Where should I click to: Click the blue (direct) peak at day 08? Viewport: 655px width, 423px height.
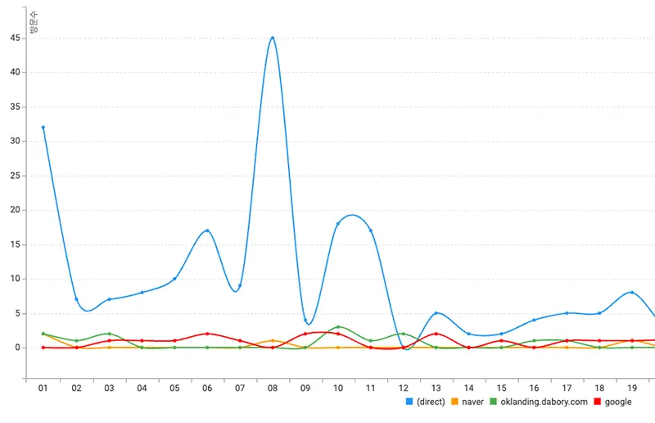273,38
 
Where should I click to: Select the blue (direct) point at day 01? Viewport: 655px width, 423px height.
43,127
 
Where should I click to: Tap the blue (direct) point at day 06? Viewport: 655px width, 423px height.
207,230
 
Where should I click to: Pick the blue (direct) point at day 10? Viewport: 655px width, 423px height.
337,224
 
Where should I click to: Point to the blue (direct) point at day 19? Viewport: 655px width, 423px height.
632,293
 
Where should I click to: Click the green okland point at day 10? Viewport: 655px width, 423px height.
337,327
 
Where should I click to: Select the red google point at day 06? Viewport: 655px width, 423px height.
207,334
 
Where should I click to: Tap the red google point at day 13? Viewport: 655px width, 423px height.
436,334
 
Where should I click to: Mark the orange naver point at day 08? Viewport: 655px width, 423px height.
273,340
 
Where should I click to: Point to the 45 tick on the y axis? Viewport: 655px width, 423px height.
15,38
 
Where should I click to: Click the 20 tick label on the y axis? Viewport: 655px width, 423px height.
15,210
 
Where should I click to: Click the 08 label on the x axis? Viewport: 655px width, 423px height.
273,387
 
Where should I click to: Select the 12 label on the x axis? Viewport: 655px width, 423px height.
404,387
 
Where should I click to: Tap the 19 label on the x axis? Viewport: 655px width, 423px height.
632,387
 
